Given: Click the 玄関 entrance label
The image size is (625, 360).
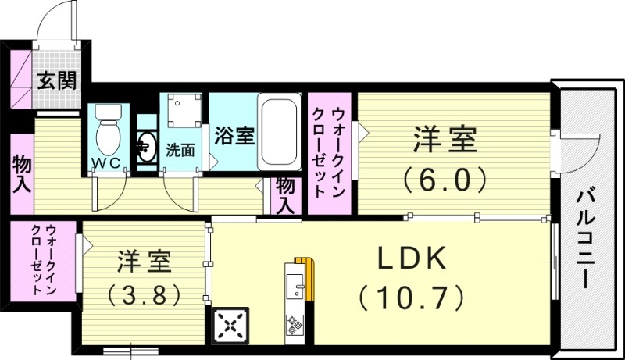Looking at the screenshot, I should click(x=58, y=81).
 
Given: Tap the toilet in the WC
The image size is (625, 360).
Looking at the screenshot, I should click(x=106, y=134).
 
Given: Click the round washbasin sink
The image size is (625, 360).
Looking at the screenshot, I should click(x=147, y=145).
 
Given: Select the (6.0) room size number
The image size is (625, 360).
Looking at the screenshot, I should click(x=445, y=181).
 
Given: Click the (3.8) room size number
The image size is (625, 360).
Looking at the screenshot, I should click(x=145, y=294).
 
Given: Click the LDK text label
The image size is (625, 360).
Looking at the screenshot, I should click(x=411, y=258).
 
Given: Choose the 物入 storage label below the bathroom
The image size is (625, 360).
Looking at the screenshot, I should click(x=285, y=195).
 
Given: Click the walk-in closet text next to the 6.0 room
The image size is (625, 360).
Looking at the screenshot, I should click(x=328, y=153).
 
